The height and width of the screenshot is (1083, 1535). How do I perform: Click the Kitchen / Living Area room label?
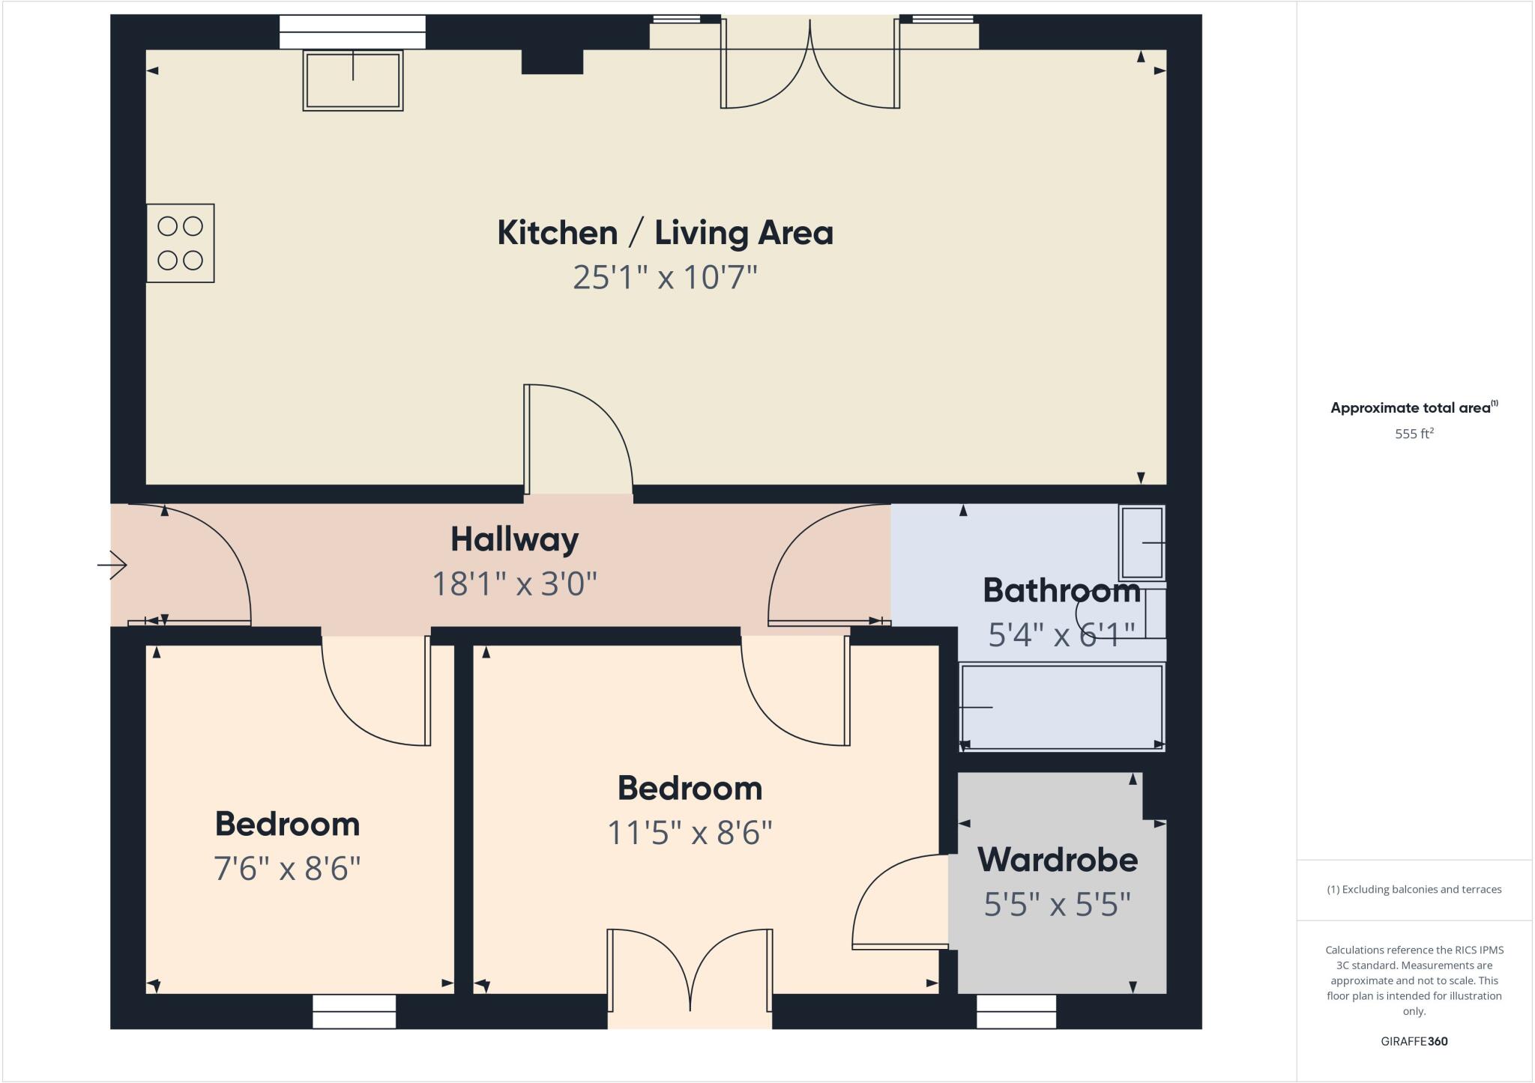point(665,233)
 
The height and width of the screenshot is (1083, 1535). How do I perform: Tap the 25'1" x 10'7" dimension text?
point(665,277)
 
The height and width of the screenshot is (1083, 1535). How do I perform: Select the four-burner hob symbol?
point(181,243)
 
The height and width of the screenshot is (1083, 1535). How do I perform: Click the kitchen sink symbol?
point(353,80)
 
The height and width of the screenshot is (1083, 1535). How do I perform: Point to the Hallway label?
point(514,539)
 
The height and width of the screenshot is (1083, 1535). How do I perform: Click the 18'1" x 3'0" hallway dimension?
point(514,583)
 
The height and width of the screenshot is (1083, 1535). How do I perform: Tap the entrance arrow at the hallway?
point(112,565)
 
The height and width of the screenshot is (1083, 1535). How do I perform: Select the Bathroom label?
point(1061,591)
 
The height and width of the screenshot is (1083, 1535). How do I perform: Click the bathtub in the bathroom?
point(1061,707)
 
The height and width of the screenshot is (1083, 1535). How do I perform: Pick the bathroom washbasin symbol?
point(1142,542)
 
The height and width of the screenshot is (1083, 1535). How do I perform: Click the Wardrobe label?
point(1058,860)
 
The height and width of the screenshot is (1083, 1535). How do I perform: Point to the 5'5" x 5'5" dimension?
point(1057,905)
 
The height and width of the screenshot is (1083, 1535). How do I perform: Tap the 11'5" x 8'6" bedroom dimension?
point(690,832)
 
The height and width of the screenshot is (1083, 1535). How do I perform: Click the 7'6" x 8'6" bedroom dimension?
point(287,869)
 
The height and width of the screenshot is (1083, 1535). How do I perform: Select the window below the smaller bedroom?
point(354,1011)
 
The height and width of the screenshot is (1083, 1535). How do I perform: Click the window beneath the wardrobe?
point(1016,1011)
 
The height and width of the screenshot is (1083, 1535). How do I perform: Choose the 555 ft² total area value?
point(1414,434)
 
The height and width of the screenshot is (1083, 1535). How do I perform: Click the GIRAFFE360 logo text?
point(1414,1041)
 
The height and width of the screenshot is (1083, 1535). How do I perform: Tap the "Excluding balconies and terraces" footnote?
point(1414,890)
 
